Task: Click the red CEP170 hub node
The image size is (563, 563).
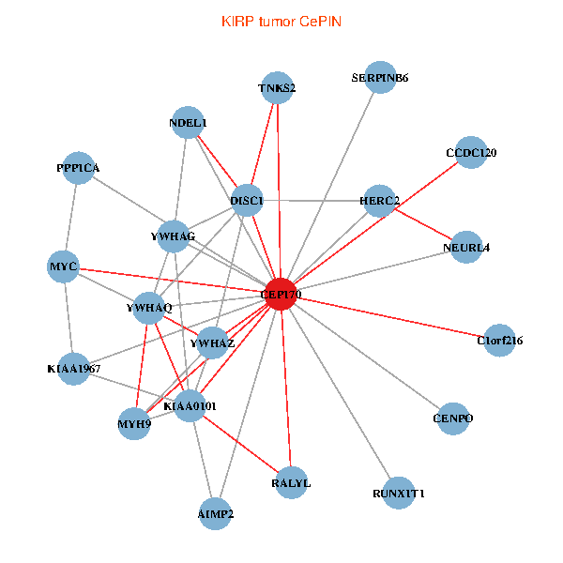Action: pos(281,294)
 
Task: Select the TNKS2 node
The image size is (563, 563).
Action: pos(277,88)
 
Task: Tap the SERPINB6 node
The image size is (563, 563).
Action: pos(380,78)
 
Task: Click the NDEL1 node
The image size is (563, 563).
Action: pos(189,123)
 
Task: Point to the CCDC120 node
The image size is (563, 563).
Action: pos(470,153)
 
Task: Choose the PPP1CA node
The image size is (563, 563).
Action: pos(78,168)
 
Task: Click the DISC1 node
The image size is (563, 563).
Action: pos(246,200)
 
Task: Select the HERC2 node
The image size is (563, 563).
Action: pos(379,201)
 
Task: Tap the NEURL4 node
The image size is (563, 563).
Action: pos(466,248)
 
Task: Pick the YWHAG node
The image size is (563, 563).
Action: pos(173,236)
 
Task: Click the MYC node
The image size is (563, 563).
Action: pos(63,266)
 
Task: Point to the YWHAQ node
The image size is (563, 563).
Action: pos(150,308)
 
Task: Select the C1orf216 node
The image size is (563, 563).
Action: pos(500,341)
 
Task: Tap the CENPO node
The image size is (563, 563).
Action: pos(453,418)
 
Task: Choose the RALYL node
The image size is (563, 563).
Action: pos(291,483)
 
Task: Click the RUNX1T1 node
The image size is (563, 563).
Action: pos(399,493)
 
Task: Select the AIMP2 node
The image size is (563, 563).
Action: pos(216,514)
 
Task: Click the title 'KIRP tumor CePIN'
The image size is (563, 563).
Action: pos(281,21)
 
